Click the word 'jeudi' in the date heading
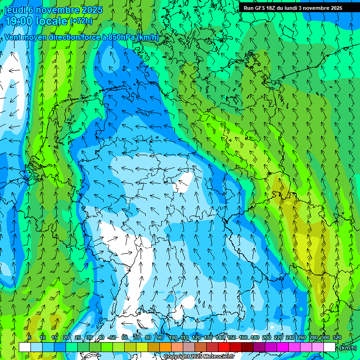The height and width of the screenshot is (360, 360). coord(15,10)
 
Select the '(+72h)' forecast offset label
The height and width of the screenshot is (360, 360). coord(81,21)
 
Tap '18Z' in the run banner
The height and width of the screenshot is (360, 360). coord(273,8)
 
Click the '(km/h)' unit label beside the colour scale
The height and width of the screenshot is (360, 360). coord(348,347)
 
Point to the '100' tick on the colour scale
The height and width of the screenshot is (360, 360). coord(173,337)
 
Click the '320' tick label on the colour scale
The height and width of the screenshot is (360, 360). coord(337,337)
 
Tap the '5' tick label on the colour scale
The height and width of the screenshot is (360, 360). coord(30,337)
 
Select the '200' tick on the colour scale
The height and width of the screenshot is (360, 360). coord(267,337)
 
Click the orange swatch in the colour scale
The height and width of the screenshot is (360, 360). coord(165,347)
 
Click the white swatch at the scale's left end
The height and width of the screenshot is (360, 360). coord(24,347)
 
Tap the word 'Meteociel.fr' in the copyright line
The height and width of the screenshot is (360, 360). coord(219,357)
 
